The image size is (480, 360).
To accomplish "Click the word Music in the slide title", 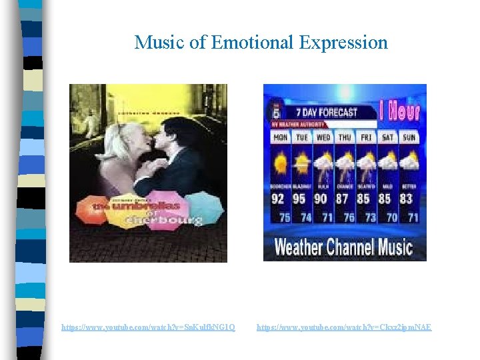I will point(159,43).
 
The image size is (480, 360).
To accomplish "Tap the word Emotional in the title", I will point(252,43).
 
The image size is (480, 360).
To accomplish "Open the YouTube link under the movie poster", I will point(148,327).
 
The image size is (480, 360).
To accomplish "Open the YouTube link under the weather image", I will point(344,327).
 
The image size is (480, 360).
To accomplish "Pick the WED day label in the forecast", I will point(323,137).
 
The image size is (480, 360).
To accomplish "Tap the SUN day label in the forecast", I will point(409,137).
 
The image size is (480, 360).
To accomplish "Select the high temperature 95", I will point(300,198).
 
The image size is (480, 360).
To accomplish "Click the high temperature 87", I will point(343,198).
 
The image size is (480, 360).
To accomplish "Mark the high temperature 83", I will point(407,198).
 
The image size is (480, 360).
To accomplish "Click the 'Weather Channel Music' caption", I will point(343,247).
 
